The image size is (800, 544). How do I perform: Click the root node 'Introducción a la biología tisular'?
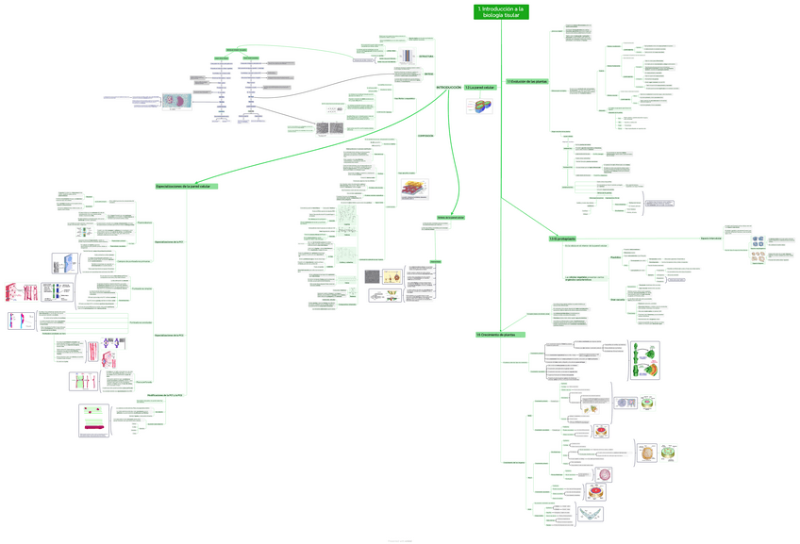[501, 11]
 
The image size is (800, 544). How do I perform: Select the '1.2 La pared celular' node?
[480, 88]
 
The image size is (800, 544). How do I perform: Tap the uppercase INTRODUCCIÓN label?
[448, 88]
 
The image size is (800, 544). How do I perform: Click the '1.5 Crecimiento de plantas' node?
[501, 335]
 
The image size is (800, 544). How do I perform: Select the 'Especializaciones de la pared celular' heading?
[187, 187]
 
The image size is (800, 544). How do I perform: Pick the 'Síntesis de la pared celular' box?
[450, 218]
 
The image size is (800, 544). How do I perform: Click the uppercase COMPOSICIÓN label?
[426, 136]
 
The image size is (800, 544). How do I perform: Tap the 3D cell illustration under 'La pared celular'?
[479, 107]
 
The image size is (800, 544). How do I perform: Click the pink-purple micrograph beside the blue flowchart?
[174, 101]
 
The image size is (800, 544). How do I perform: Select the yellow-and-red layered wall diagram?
[412, 190]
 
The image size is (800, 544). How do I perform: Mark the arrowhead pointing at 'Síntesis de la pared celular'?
[451, 214]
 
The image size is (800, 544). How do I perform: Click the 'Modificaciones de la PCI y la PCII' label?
[165, 396]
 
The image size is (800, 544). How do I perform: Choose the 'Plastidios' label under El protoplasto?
[616, 257]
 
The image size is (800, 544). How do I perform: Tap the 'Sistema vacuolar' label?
[618, 299]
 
